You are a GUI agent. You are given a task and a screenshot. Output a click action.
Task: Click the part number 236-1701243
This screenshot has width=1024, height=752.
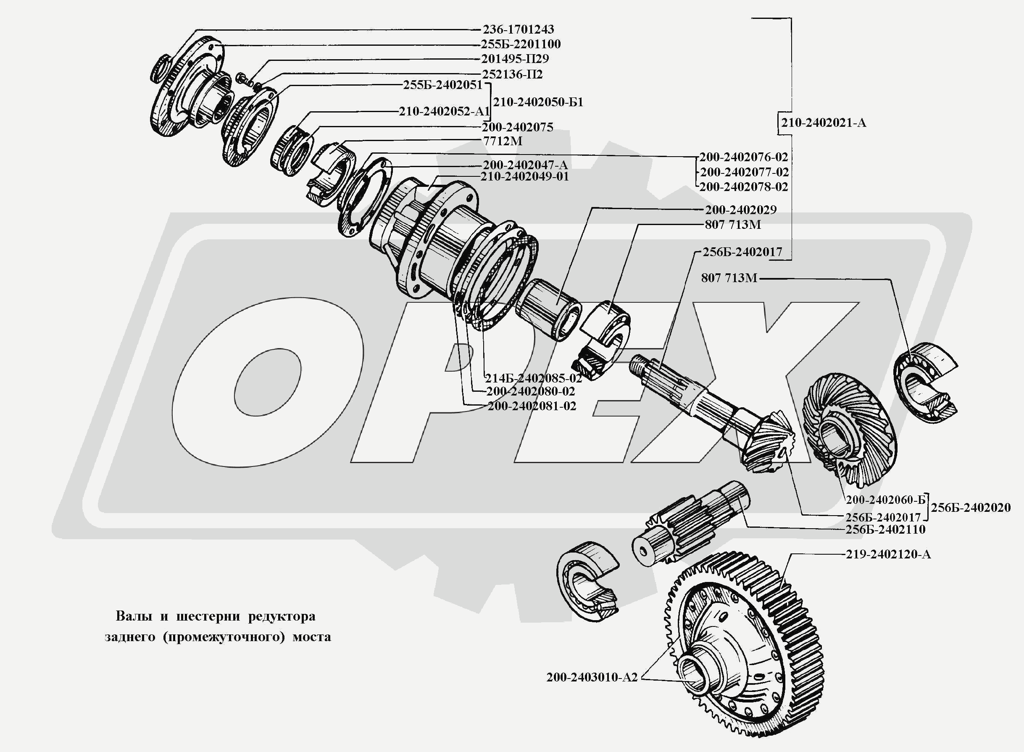click(x=519, y=29)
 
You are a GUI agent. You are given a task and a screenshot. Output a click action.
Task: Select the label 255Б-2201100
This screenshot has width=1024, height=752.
click(x=521, y=44)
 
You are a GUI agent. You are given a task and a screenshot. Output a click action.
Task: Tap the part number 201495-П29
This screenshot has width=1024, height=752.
click(x=515, y=59)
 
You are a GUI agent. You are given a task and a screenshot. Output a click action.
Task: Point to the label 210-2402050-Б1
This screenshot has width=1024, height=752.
click(x=538, y=102)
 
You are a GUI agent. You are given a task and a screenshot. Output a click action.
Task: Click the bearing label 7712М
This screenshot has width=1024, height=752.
click(x=503, y=141)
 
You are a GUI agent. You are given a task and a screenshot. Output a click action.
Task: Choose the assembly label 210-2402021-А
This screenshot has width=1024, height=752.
click(x=824, y=123)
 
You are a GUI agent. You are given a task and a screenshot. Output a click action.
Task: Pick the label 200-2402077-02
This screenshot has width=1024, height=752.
click(x=744, y=172)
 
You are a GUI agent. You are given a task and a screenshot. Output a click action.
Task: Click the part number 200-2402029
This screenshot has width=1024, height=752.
click(x=741, y=210)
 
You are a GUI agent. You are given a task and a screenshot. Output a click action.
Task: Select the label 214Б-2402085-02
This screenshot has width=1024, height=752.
click(x=533, y=378)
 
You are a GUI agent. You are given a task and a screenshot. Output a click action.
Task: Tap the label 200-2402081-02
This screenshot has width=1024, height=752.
click(x=532, y=406)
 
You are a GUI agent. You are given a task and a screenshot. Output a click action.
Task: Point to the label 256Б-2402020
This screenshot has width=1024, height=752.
click(x=971, y=508)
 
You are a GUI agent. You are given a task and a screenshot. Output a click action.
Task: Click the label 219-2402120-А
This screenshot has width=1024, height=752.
click(x=888, y=554)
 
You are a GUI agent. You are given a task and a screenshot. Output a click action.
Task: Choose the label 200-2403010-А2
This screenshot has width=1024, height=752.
click(x=592, y=677)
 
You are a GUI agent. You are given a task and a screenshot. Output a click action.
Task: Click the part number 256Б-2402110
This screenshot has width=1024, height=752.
click(x=885, y=529)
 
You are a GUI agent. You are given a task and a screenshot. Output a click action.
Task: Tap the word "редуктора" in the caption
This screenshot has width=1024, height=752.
click(x=282, y=616)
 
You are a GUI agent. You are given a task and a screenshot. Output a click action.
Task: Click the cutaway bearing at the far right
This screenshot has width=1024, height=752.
click(x=925, y=383)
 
